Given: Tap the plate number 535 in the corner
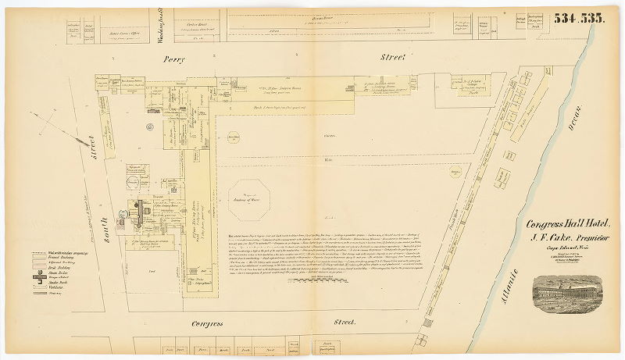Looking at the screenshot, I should [x=592, y=19].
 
